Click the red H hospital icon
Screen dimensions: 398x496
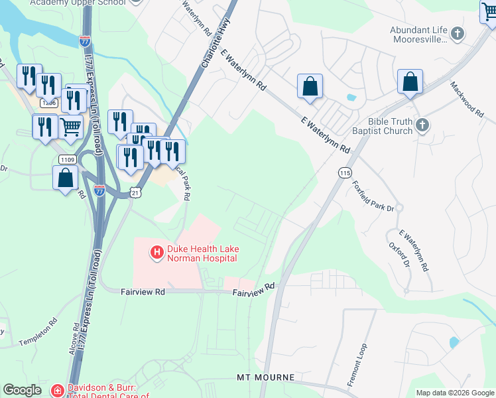coord(156,253)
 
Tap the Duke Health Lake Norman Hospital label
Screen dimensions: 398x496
coord(203,253)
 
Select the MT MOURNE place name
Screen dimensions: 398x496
coord(265,377)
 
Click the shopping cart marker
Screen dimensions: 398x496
coord(71,125)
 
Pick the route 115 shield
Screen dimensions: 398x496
coord(344,172)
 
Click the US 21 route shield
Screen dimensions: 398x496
coord(135,192)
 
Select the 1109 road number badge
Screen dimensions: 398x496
coord(66,159)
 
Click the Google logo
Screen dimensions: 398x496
coord(23,390)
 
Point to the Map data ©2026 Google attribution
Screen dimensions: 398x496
coord(455,393)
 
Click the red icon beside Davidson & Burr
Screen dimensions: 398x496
coord(58,391)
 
